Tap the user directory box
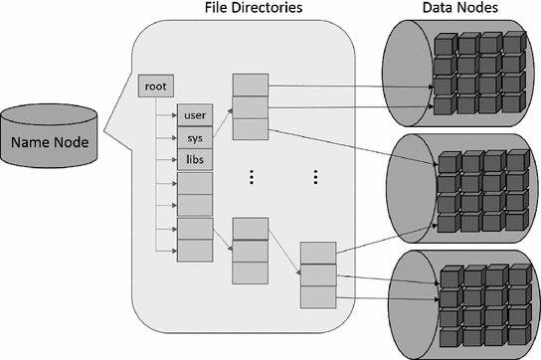point(194,115)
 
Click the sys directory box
point(194,138)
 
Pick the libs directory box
point(194,160)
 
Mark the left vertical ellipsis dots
point(253,177)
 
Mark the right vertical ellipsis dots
point(315,177)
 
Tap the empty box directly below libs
point(194,183)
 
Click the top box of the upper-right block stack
point(249,84)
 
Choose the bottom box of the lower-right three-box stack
point(317,295)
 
